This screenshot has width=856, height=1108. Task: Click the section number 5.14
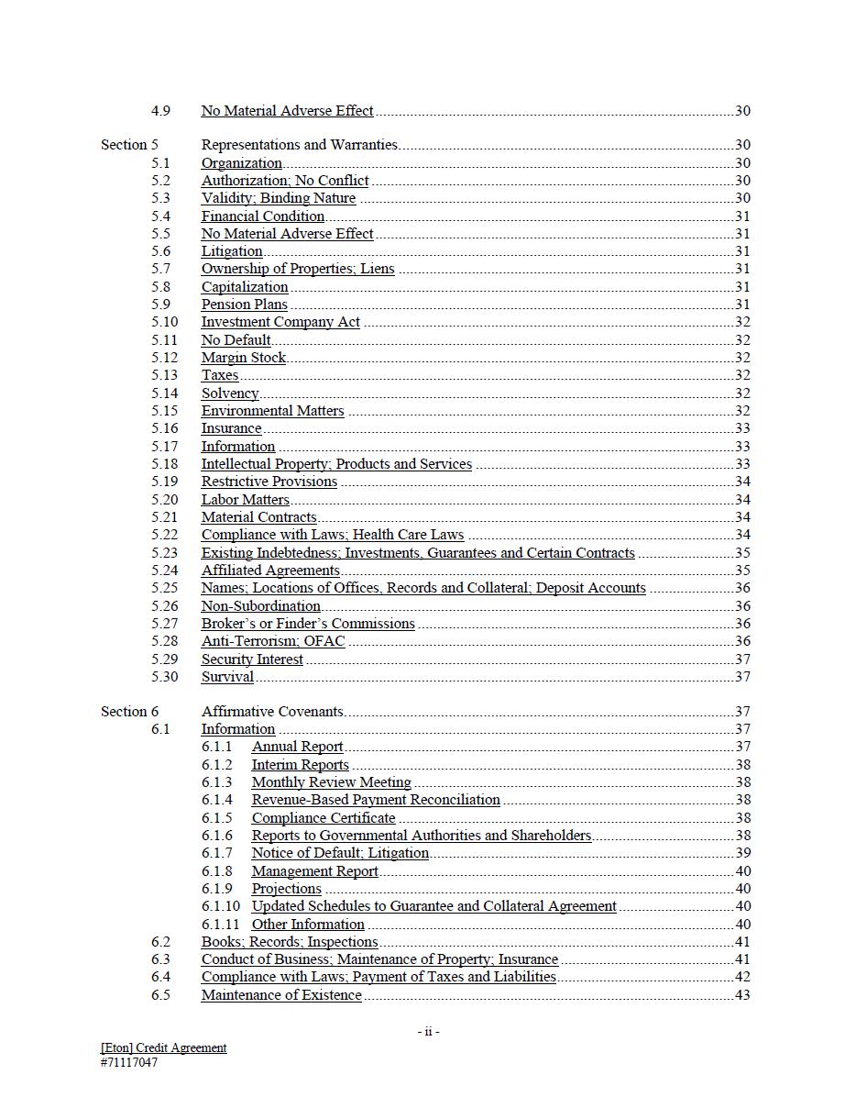pyautogui.click(x=165, y=393)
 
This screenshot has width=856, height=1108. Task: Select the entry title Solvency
pyautogui.click(x=230, y=393)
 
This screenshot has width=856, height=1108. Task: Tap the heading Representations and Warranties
pyautogui.click(x=299, y=145)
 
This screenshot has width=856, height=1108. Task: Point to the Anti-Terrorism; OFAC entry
pyautogui.click(x=273, y=641)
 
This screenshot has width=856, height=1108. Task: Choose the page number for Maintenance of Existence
pyautogui.click(x=742, y=995)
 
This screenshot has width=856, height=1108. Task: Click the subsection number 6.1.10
pyautogui.click(x=221, y=906)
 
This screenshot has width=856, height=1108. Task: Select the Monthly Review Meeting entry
pyautogui.click(x=331, y=782)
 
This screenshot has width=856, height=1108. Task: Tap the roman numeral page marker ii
pyautogui.click(x=428, y=1032)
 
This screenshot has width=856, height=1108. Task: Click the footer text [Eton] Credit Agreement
pyautogui.click(x=164, y=1047)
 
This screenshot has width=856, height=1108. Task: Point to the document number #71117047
pyautogui.click(x=129, y=1063)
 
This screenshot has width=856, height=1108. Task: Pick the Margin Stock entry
pyautogui.click(x=244, y=358)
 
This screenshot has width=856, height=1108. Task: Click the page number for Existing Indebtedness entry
pyautogui.click(x=742, y=553)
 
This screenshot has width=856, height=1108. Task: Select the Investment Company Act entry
pyautogui.click(x=280, y=322)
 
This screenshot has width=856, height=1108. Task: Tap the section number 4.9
pyautogui.click(x=160, y=111)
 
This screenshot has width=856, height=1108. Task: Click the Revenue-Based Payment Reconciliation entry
pyautogui.click(x=376, y=800)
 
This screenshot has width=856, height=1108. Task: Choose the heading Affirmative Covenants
pyautogui.click(x=272, y=712)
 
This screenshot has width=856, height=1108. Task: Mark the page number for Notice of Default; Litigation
pyautogui.click(x=742, y=853)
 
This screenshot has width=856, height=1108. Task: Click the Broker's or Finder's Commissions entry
pyautogui.click(x=308, y=624)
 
